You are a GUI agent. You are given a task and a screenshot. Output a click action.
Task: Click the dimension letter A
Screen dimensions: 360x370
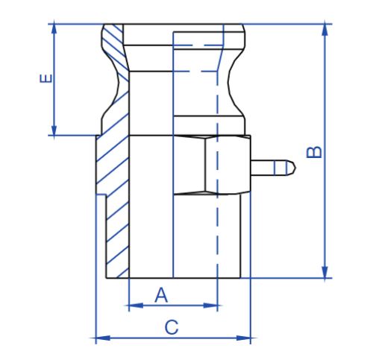pos(160,295)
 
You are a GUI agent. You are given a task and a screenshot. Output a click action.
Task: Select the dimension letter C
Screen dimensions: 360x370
pos(171,326)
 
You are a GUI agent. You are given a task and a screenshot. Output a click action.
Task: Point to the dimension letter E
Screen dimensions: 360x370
pos(46,79)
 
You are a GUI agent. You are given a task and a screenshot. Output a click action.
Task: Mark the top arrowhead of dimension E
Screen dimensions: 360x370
pos(53,29)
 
